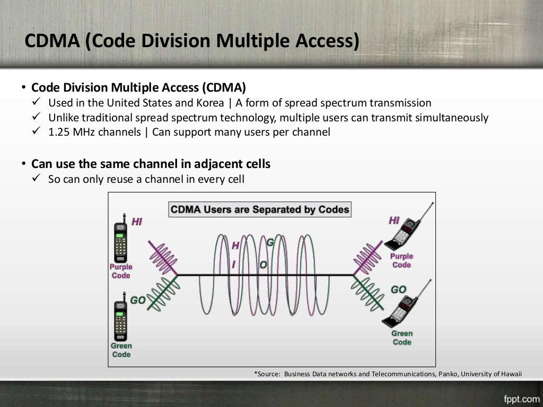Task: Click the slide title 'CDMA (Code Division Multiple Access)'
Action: [x=192, y=41]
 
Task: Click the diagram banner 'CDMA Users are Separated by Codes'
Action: [x=260, y=209]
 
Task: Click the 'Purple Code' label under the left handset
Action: [x=121, y=271]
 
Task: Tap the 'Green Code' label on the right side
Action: [x=402, y=338]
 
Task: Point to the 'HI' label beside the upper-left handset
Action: [x=137, y=222]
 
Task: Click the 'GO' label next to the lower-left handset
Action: [x=138, y=300]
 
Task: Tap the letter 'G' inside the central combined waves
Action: [x=270, y=243]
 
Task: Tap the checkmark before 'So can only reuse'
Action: [x=37, y=179]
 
